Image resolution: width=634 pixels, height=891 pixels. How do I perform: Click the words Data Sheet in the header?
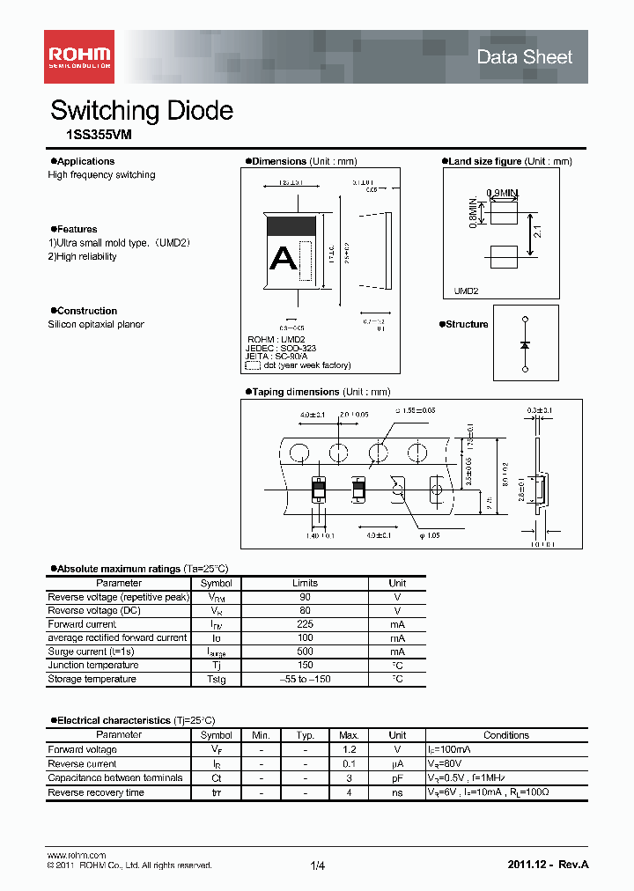pyautogui.click(x=524, y=57)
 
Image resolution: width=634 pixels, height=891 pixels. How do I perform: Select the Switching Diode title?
pyautogui.click(x=142, y=111)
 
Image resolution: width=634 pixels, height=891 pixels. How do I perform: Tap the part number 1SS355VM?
pyautogui.click(x=92, y=136)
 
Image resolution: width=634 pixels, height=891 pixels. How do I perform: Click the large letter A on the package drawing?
pyautogui.click(x=284, y=258)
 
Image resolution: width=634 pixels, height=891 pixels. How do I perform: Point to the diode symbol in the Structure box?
pyautogui.click(x=526, y=344)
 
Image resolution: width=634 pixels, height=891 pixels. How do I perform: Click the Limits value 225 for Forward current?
pyautogui.click(x=305, y=624)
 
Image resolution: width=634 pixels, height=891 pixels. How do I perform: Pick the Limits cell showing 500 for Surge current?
pyautogui.click(x=305, y=652)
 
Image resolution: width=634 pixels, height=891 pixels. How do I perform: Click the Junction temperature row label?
pyautogui.click(x=92, y=666)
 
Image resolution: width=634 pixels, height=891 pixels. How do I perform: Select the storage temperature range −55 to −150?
pyautogui.click(x=305, y=680)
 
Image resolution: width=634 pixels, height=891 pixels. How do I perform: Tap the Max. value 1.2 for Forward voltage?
pyautogui.click(x=348, y=750)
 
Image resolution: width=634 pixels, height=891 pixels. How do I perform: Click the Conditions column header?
pyautogui.click(x=506, y=735)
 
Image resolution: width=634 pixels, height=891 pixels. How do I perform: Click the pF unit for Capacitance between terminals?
pyautogui.click(x=397, y=778)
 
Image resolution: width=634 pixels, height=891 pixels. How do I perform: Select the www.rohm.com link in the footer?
pyautogui.click(x=76, y=855)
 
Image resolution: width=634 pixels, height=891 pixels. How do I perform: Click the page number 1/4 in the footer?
pyautogui.click(x=318, y=866)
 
